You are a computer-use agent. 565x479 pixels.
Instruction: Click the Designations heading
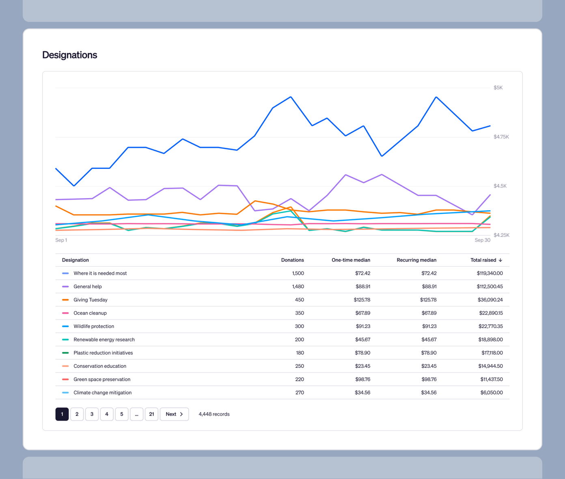(69, 55)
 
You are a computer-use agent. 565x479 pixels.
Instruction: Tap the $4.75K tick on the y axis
(501, 137)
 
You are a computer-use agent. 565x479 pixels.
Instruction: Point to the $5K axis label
(498, 88)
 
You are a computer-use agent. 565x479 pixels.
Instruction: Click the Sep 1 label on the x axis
(61, 240)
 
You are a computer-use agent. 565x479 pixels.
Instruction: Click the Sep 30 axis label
(482, 240)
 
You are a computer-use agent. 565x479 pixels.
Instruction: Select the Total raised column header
(483, 260)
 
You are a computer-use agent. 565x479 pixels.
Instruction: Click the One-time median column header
(351, 260)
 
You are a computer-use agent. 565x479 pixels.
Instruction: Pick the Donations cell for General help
(298, 287)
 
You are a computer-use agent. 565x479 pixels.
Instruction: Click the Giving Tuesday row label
(90, 300)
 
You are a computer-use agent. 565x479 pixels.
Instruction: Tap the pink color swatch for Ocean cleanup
(65, 313)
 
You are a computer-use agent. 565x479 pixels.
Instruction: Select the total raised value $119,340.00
(490, 274)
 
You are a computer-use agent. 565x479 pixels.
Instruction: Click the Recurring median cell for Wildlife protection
(429, 326)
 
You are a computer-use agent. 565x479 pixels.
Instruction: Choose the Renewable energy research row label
(104, 340)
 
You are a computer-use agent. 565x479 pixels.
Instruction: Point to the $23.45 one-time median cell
(362, 366)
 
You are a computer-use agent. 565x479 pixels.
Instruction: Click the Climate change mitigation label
(102, 393)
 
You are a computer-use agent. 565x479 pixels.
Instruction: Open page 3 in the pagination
(92, 414)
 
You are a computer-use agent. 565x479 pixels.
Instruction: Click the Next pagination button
(174, 414)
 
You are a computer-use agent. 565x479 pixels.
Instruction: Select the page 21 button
(151, 414)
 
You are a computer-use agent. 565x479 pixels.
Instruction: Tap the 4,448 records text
(214, 414)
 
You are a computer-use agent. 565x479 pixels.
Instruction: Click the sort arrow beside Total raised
(500, 260)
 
